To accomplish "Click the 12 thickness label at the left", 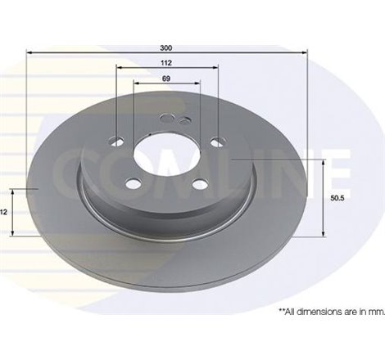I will click(4, 212).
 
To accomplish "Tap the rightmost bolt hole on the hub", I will click(215, 140).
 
